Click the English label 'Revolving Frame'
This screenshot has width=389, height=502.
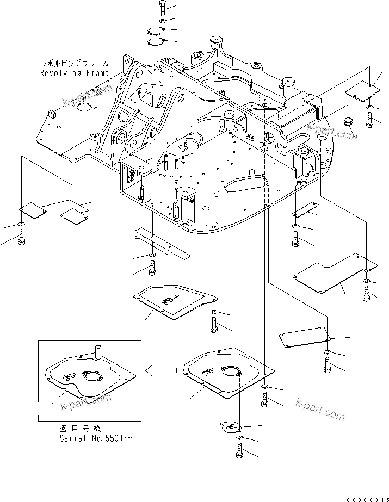(x=74, y=72)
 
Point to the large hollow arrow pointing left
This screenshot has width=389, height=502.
(x=161, y=370)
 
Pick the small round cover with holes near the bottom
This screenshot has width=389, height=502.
(x=231, y=427)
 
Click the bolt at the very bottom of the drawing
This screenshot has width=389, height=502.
(x=239, y=450)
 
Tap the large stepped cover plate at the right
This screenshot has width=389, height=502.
(x=334, y=270)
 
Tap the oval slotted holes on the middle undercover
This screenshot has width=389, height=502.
(x=172, y=298)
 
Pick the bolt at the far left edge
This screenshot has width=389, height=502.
(x=21, y=237)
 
